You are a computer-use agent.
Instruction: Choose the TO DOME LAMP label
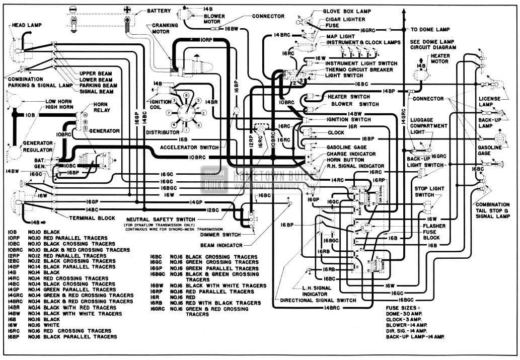(x=431, y=30)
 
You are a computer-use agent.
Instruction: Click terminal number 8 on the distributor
(x=186, y=95)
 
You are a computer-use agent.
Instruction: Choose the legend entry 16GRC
(x=160, y=309)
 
